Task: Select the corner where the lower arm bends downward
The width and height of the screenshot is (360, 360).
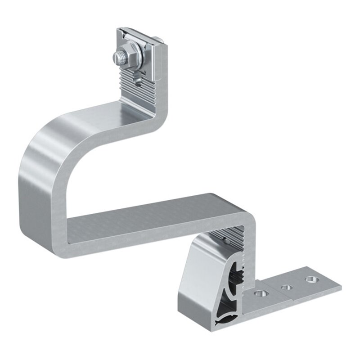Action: pos(247,216)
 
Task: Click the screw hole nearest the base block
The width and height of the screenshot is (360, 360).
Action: pos(260,293)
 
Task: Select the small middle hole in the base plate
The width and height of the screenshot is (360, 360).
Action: pos(285,286)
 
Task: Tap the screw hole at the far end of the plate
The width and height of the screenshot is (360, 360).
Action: pos(310,279)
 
